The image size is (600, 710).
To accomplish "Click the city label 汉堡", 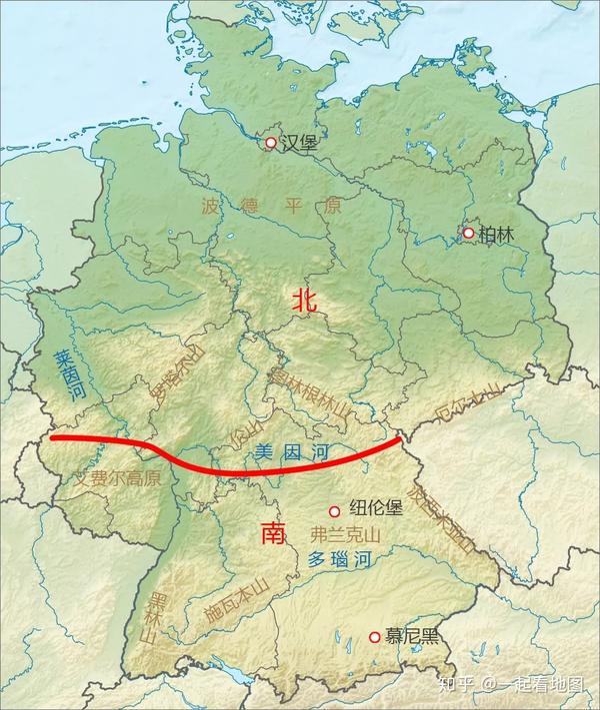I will pos(299,144).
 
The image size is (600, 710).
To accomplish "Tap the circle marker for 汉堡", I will pos(270,144).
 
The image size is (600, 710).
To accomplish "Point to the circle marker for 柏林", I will pos(467,233).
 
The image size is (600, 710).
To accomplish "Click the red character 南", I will pos(273,533).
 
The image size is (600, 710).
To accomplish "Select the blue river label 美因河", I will pos(291,452).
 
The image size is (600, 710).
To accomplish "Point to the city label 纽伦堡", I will pos(374,508).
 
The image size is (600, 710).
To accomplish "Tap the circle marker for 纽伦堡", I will pos(335,509).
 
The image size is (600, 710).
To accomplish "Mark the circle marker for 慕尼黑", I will pos(375,637).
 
